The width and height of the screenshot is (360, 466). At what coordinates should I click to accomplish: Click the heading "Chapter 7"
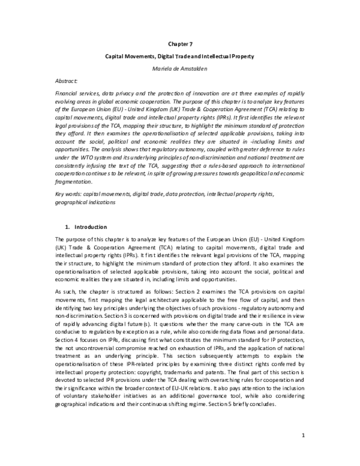(x=180, y=43)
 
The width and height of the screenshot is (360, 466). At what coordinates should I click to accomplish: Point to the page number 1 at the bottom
(x=304, y=435)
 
